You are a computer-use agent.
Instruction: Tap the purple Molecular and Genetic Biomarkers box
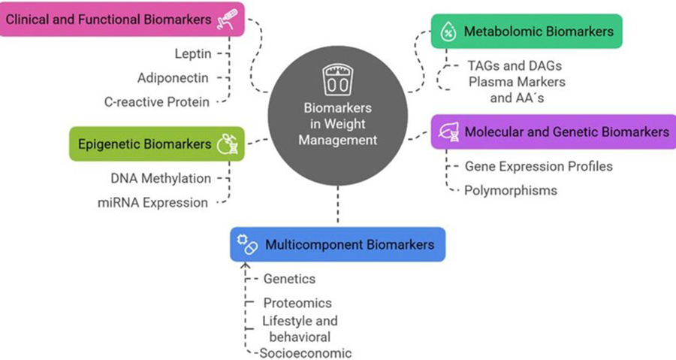[x=551, y=132]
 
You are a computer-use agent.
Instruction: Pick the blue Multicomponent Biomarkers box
[x=337, y=245]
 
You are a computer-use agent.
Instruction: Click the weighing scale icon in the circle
[x=337, y=79]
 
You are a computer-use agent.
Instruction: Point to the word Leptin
[x=193, y=54]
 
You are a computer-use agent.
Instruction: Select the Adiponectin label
[x=173, y=77]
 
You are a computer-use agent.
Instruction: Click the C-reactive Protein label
[x=157, y=102]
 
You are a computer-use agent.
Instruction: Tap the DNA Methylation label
[x=160, y=178]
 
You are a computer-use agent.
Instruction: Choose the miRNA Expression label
[x=152, y=202]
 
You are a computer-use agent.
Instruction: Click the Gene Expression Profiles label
[x=539, y=166]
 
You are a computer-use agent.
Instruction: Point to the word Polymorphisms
[x=511, y=190]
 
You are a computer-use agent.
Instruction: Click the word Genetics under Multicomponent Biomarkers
[x=289, y=279]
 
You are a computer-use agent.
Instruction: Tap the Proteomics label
[x=297, y=303]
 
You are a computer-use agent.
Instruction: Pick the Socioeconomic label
[x=305, y=353]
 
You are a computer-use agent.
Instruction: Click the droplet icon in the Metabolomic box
[x=448, y=32]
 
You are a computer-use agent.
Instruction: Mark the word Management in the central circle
[x=337, y=139]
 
